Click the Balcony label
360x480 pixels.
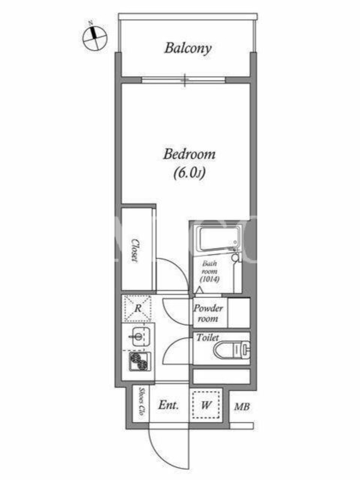(x=188, y=49)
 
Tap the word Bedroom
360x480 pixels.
(x=189, y=154)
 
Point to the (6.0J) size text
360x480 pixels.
(x=189, y=173)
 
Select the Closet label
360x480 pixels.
(x=134, y=250)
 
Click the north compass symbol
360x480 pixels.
(x=95, y=38)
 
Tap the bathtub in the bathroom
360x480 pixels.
(x=218, y=239)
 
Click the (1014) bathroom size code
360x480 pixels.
(x=209, y=279)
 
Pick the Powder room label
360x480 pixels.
(x=208, y=313)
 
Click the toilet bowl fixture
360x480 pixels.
(x=232, y=350)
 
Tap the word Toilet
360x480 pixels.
(x=208, y=338)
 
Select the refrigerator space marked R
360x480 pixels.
(x=138, y=308)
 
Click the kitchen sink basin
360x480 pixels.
(x=140, y=337)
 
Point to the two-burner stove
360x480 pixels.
(x=140, y=361)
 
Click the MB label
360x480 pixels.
(x=242, y=407)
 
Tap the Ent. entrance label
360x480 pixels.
(x=169, y=406)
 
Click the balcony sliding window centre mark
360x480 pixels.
(x=184, y=80)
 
